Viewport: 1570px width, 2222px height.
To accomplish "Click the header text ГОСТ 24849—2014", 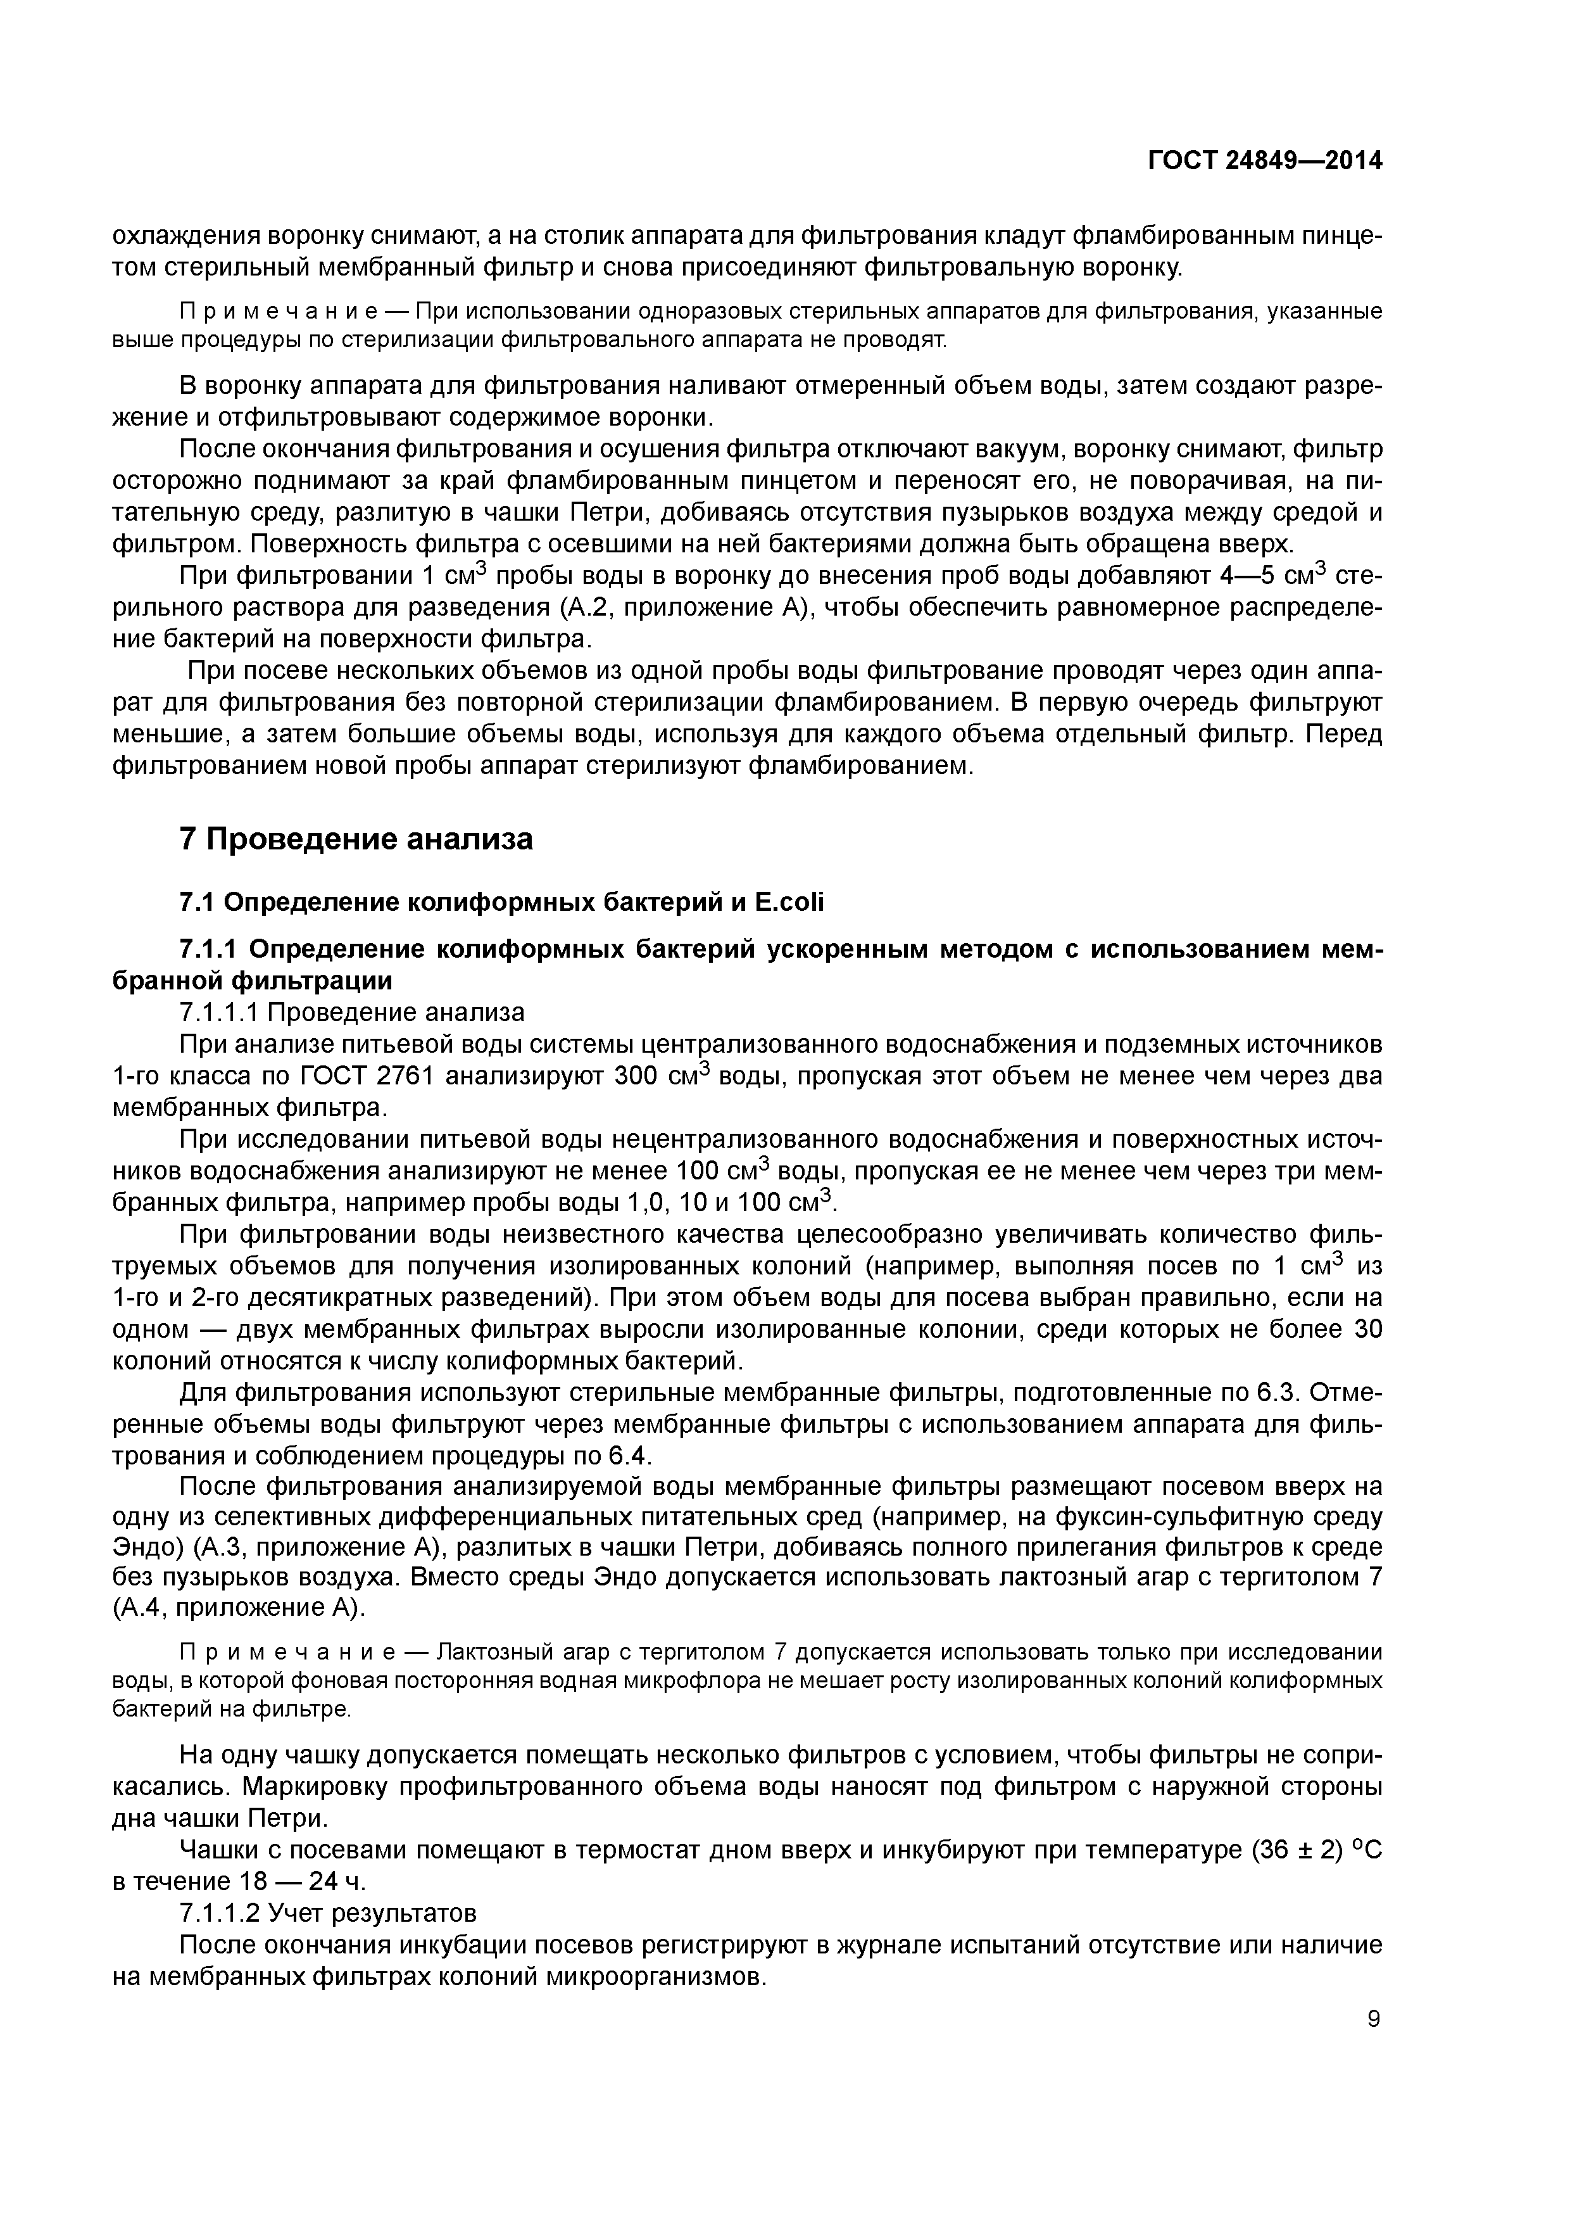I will click(x=1264, y=161).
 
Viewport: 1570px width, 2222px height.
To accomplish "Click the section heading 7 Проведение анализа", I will click(x=356, y=838).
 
